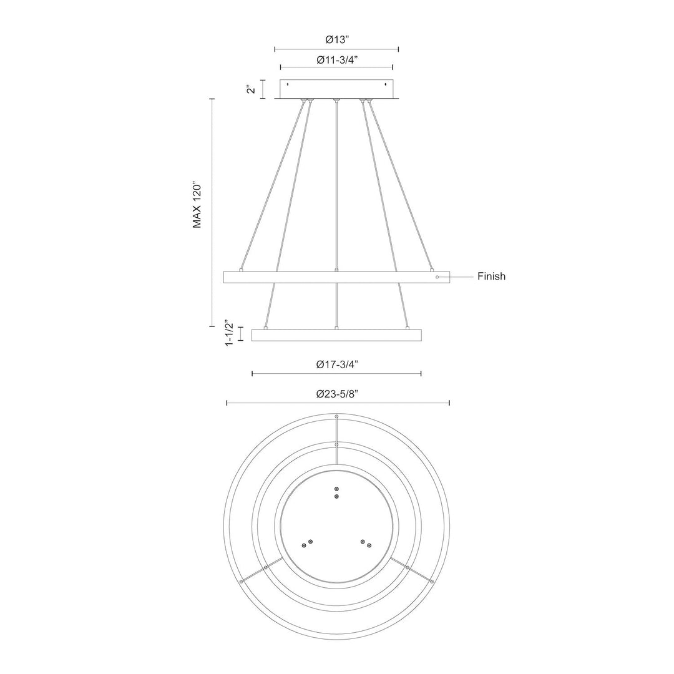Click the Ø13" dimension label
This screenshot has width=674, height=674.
337,39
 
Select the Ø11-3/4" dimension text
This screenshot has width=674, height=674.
337,60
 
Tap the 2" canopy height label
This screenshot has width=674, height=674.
251,89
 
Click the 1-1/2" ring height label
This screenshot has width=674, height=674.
229,335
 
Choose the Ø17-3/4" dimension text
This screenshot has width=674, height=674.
337,365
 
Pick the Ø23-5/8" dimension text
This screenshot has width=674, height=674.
337,394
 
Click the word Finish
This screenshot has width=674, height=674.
491,276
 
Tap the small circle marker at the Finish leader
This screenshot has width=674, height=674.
437,276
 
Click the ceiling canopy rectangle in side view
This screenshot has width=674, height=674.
337,89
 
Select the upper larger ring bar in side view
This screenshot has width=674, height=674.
337,277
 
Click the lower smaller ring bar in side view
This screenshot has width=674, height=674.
337,335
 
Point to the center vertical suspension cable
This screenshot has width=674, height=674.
337,187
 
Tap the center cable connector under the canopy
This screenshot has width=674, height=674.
337,100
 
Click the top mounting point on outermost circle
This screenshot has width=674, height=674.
337,416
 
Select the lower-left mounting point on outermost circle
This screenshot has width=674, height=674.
241,581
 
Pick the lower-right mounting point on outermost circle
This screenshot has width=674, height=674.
432,581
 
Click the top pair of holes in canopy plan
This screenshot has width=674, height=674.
337,492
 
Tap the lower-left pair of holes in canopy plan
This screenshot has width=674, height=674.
307,543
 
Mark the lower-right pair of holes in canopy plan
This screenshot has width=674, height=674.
366,543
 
